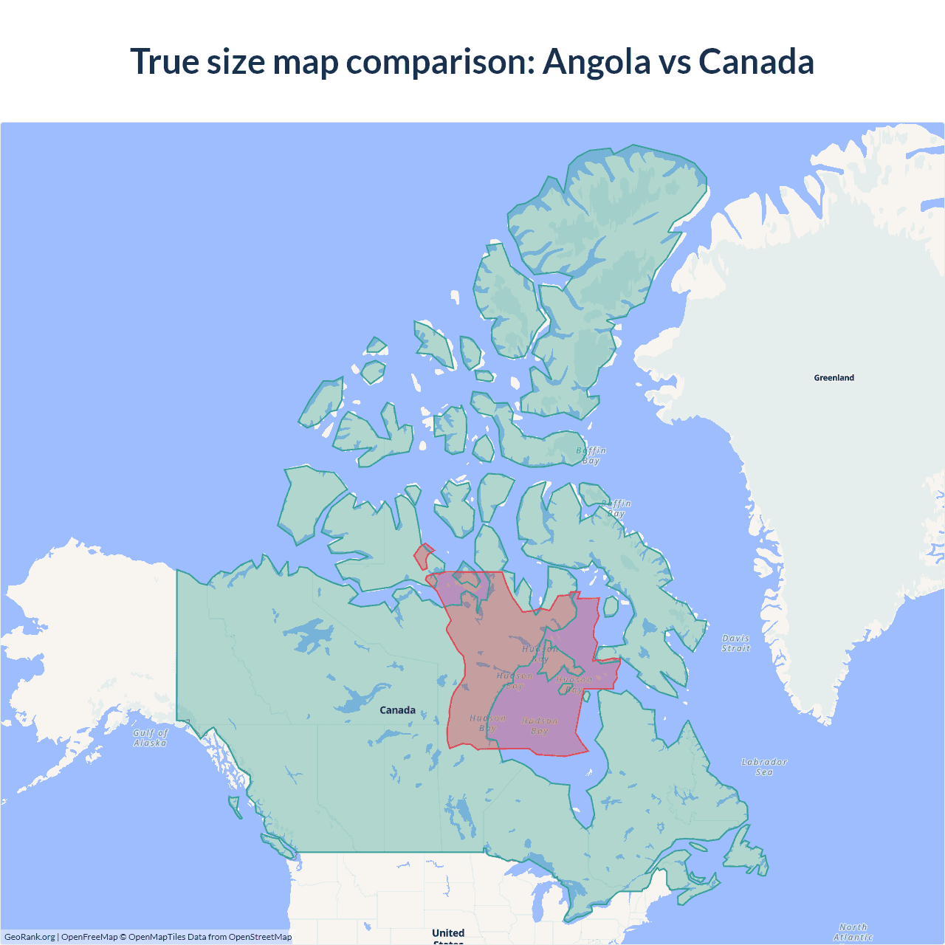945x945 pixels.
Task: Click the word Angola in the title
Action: coord(597,61)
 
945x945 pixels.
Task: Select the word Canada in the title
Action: coord(756,61)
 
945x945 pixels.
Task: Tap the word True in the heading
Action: coord(165,61)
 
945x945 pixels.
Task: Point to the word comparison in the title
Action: coord(440,63)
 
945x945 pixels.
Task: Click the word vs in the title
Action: coord(673,63)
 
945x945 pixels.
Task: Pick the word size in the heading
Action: coord(236,61)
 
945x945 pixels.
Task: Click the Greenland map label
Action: coord(834,377)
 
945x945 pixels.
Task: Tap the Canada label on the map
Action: coord(397,710)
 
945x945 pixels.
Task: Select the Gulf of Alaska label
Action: coord(151,738)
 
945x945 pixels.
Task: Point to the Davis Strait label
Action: coord(735,643)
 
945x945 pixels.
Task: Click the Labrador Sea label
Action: coord(764,767)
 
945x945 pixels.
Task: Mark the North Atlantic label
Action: coord(853,932)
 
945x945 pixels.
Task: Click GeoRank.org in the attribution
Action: coord(30,937)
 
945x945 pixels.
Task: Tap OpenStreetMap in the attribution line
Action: coord(260,937)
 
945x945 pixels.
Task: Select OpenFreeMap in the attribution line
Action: coord(89,937)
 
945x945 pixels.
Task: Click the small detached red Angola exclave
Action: coord(423,556)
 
